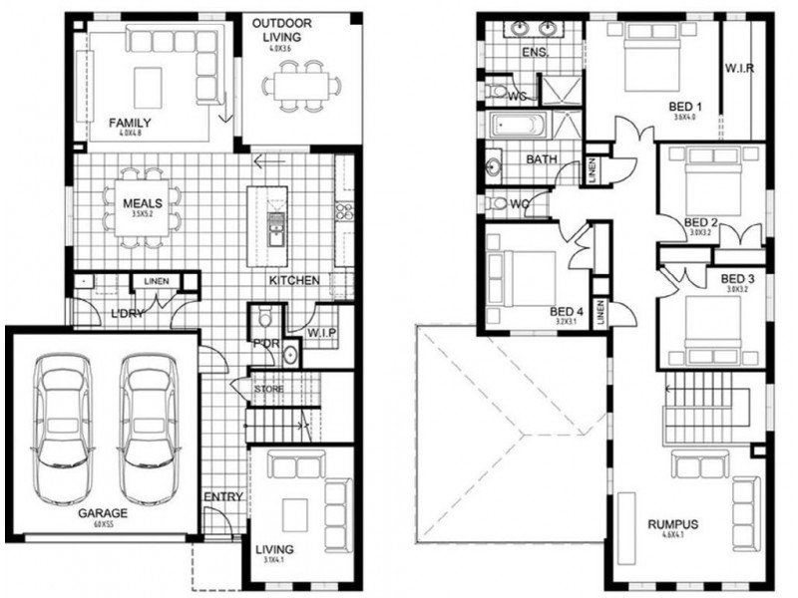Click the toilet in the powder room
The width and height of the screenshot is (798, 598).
point(266,321)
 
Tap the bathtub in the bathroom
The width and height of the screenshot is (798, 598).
point(517,127)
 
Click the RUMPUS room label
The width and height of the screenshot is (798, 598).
point(672,524)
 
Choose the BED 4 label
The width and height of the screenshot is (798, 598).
point(566,310)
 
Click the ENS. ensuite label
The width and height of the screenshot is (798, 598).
point(535,53)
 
